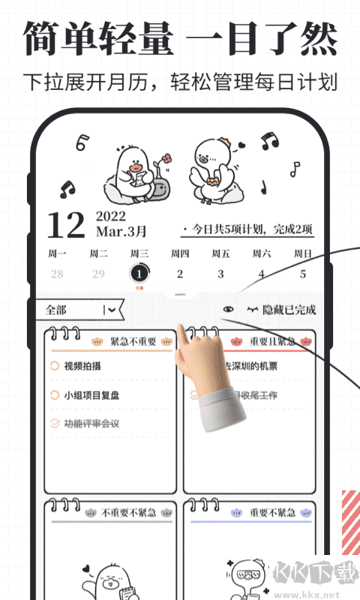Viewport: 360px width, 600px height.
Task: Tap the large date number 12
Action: pyautogui.click(x=65, y=225)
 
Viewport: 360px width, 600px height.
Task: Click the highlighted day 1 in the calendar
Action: pyautogui.click(x=139, y=274)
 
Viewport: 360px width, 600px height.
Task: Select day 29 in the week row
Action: pyautogui.click(x=98, y=274)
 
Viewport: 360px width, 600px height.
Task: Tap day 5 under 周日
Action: pyautogui.click(x=303, y=274)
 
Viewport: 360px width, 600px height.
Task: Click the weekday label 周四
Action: pyautogui.click(x=180, y=253)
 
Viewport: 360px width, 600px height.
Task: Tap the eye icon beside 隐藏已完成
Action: pyautogui.click(x=229, y=309)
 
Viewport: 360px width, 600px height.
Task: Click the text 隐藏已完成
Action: pyautogui.click(x=289, y=309)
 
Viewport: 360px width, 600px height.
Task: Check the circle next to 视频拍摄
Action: pyautogui.click(x=54, y=367)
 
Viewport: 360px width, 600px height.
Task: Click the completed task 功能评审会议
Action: pyautogui.click(x=91, y=424)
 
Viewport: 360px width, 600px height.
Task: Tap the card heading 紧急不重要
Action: pyautogui.click(x=133, y=342)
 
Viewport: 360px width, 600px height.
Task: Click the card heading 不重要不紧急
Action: pyautogui.click(x=128, y=513)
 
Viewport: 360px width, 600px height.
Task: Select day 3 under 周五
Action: pyautogui.click(x=220, y=274)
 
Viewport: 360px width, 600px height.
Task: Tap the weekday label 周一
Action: pyautogui.click(x=57, y=253)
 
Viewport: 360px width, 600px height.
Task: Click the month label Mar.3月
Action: pyautogui.click(x=121, y=232)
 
